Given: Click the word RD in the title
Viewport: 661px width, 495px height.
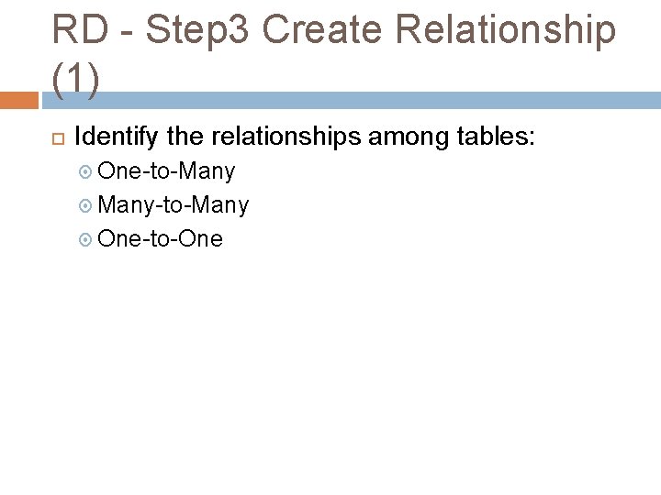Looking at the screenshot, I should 75,30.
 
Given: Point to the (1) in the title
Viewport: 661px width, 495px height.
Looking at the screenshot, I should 74,80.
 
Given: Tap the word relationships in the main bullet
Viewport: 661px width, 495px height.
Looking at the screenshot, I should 287,138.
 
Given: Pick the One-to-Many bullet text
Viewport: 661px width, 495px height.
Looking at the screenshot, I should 166,171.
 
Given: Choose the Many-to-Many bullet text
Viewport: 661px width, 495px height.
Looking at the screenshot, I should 173,205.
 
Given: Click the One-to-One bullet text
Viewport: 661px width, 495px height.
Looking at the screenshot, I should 160,239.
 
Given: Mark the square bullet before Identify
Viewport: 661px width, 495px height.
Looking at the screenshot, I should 57,139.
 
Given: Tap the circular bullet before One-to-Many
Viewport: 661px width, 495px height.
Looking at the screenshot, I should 86,171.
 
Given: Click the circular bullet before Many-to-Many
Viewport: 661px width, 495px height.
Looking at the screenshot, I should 86,205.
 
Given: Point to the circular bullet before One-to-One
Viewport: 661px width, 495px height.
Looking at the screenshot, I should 86,239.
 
